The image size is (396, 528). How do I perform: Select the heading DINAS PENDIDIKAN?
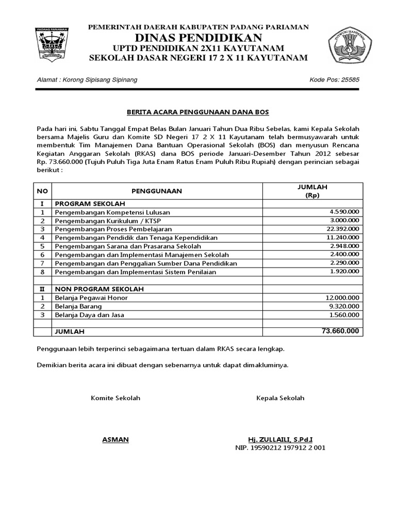tap(199, 37)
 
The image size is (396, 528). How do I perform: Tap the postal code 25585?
tap(348, 80)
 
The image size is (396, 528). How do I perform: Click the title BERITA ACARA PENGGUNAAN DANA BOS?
tap(198, 111)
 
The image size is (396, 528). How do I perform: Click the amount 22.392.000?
tap(343, 228)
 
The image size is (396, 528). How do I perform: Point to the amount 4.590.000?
tap(344, 212)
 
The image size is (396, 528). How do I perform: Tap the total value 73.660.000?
tap(340, 331)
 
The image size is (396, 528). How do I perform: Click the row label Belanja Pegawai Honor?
tap(91, 298)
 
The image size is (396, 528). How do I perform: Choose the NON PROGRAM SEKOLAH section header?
tap(100, 289)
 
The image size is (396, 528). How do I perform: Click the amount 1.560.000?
tap(344, 315)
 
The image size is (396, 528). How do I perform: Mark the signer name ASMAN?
tap(115, 439)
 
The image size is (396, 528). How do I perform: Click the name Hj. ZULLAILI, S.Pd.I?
tap(280, 439)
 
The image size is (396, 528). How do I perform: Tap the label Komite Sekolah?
tap(115, 398)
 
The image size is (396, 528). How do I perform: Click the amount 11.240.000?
tap(343, 237)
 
